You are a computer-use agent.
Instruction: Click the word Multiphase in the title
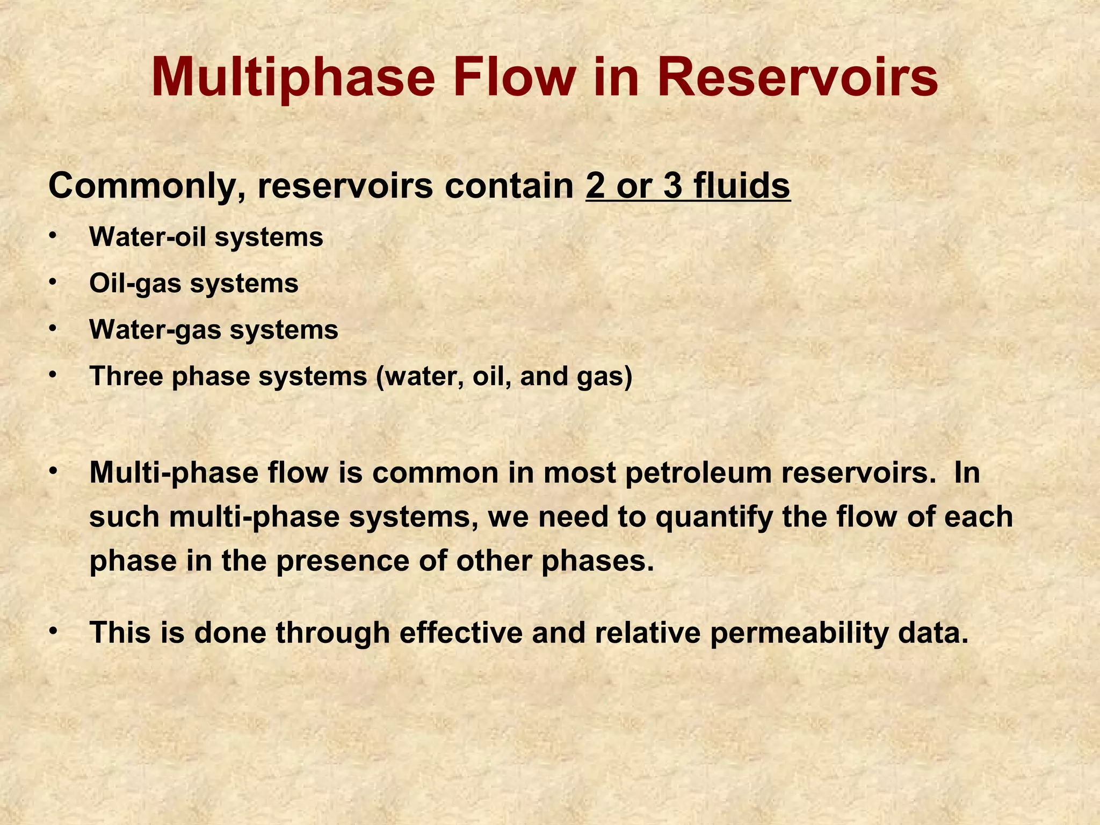coord(293,79)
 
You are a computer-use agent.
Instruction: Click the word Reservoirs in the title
coord(797,79)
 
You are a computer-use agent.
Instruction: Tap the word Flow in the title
coord(513,79)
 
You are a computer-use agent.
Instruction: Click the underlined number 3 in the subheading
coord(673,186)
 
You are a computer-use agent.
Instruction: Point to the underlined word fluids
coord(742,186)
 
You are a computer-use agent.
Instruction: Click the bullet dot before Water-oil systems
coord(52,236)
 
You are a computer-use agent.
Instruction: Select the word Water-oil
coord(148,237)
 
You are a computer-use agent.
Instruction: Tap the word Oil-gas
coord(135,284)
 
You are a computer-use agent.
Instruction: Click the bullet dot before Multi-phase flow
coord(52,471)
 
